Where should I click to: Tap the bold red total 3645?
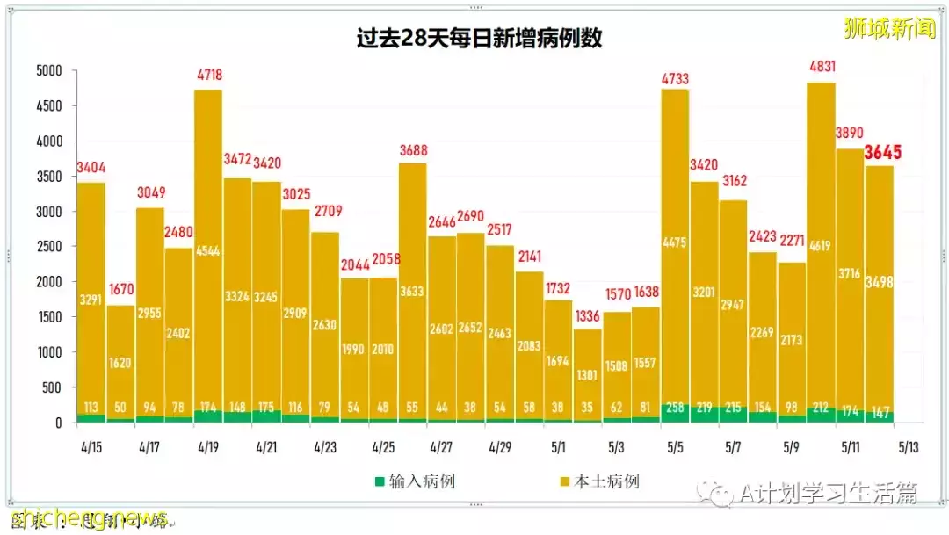coord(883,153)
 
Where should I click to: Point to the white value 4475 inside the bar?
coord(675,243)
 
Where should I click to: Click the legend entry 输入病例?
coord(416,481)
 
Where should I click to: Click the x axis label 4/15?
coord(91,447)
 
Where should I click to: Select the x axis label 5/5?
coord(675,447)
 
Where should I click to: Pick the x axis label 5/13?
coord(908,447)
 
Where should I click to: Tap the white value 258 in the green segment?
coord(675,408)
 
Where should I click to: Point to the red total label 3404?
coord(91,168)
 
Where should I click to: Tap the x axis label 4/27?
coord(441,447)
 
